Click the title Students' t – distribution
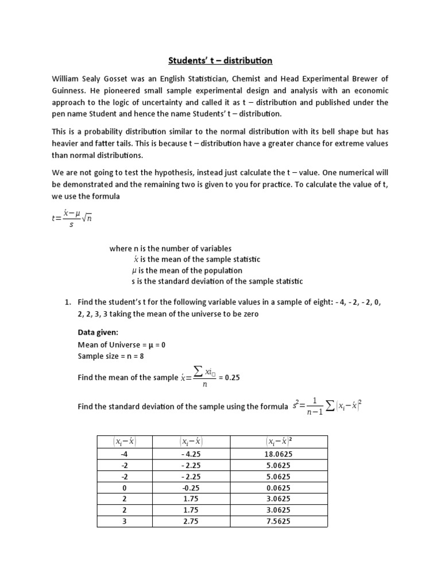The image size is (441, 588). (220, 60)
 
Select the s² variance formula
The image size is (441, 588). (326, 407)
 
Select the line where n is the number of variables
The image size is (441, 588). (171, 249)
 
